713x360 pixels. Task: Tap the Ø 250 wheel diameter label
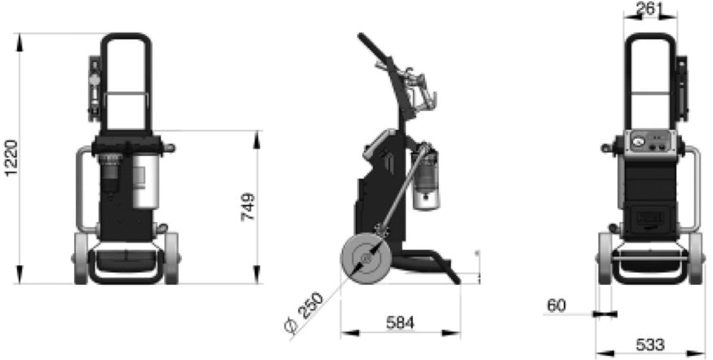(304, 311)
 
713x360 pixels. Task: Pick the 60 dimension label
(556, 306)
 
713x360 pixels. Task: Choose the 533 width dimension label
(649, 344)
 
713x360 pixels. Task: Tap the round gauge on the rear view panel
(638, 140)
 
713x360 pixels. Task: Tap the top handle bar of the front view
(126, 37)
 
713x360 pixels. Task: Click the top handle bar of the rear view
(650, 37)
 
